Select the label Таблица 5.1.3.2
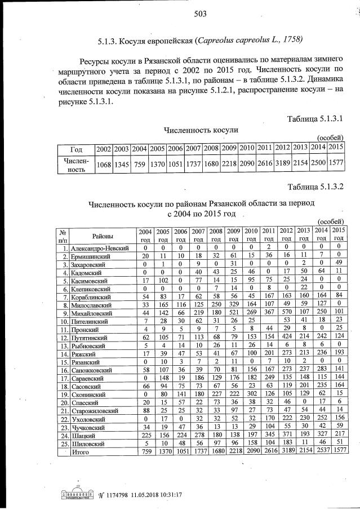click(315, 187)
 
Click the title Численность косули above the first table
click(201, 130)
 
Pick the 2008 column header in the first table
click(211, 148)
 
